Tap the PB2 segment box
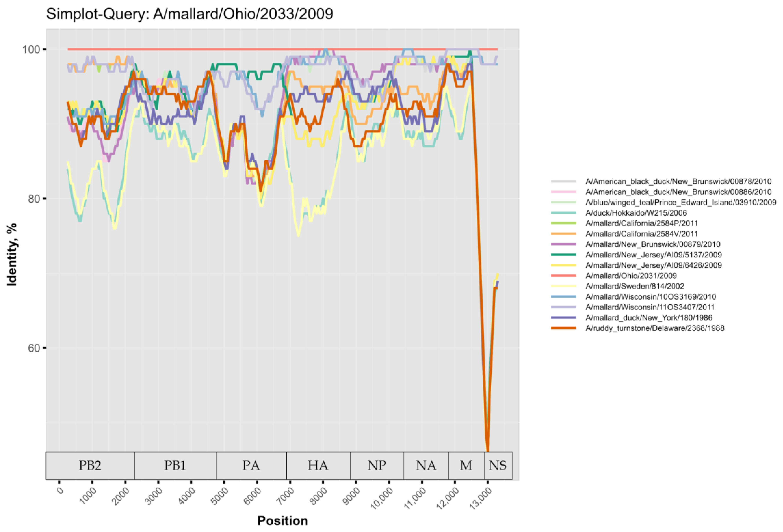pyautogui.click(x=90, y=466)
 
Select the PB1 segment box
pyautogui.click(x=175, y=466)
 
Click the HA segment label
pyautogui.click(x=318, y=466)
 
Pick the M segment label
pyautogui.click(x=466, y=466)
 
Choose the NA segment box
pyautogui.click(x=426, y=466)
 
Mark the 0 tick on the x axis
pyautogui.click(x=60, y=491)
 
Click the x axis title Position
pyautogui.click(x=282, y=521)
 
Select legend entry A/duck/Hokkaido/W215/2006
pyautogui.click(x=636, y=213)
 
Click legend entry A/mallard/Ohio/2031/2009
pyautogui.click(x=631, y=276)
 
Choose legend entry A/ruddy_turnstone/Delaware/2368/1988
pyautogui.click(x=654, y=328)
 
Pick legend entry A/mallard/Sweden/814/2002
pyautogui.click(x=634, y=286)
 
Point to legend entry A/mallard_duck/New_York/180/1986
pyautogui.click(x=648, y=318)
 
